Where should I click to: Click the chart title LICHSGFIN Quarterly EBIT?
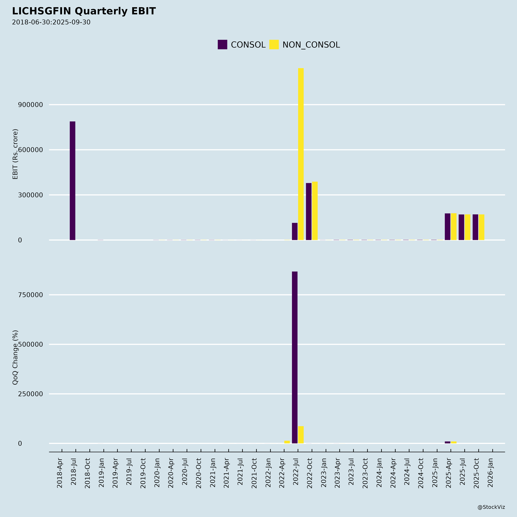click(x=84, y=11)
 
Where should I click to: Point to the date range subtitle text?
click(x=51, y=22)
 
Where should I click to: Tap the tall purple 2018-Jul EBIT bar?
click(x=73, y=181)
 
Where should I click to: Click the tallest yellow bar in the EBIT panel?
click(x=301, y=154)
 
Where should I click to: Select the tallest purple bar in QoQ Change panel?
click(x=295, y=357)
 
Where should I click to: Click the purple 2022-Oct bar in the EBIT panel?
click(x=308, y=211)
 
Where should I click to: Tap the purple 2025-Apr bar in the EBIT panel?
click(x=447, y=227)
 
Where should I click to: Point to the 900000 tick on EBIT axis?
click(x=30, y=105)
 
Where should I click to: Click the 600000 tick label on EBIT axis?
click(x=30, y=150)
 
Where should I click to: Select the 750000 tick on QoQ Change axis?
click(x=30, y=295)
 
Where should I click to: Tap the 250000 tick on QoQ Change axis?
click(x=30, y=394)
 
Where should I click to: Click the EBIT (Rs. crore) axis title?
click(x=15, y=154)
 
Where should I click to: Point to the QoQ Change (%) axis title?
click(x=15, y=357)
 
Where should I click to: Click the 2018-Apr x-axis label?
click(x=60, y=473)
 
